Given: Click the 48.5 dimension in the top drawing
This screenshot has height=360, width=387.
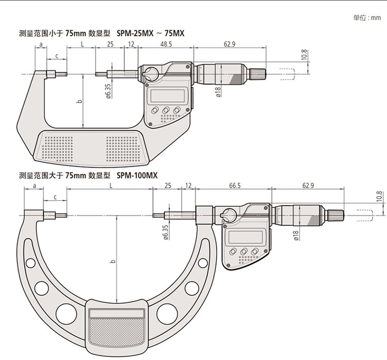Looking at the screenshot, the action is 166,44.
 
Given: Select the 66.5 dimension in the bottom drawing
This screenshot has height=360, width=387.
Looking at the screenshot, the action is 234,186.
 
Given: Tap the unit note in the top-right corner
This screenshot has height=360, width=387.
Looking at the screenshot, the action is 367,18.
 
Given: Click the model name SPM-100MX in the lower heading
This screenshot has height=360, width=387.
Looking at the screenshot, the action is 137,175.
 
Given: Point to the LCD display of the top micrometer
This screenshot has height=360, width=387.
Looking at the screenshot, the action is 168,95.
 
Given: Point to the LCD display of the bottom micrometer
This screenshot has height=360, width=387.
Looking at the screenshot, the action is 245,237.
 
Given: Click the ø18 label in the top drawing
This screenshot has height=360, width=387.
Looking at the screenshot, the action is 218,92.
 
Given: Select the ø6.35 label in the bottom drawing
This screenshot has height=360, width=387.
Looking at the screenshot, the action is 165,232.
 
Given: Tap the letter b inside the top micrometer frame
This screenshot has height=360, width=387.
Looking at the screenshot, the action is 79,102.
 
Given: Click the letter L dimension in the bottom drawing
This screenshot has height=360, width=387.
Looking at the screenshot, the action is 111,186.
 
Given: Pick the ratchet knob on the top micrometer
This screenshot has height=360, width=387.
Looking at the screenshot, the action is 257,74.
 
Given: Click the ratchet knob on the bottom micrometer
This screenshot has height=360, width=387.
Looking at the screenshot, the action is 335,215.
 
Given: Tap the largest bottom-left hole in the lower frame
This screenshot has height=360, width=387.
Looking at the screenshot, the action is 66,314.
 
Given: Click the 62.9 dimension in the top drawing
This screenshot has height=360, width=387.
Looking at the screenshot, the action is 230,44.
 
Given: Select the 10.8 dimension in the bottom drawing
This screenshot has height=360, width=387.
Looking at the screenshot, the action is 380,197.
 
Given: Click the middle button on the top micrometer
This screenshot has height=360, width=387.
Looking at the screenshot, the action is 166,110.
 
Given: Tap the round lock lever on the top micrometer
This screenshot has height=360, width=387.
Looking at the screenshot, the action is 151,74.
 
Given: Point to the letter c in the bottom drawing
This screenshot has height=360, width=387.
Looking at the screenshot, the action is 55,198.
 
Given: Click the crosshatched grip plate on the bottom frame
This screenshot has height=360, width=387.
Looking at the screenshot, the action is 116,331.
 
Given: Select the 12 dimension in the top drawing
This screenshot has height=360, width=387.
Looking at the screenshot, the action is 131,44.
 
